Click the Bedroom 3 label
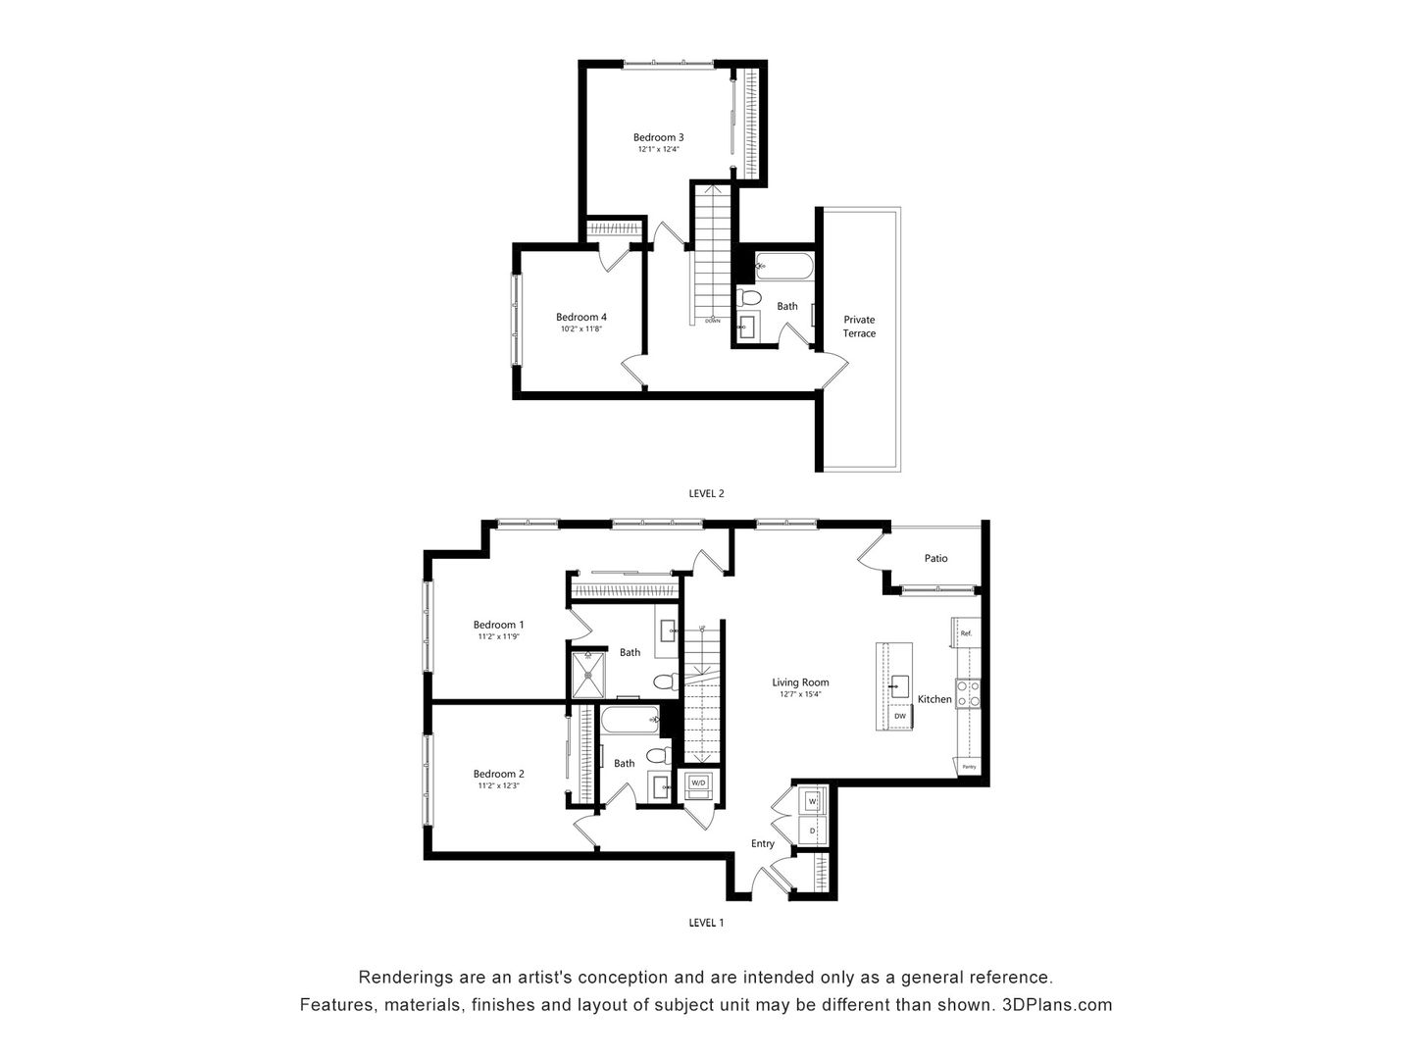[658, 137]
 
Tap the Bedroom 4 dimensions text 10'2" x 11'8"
[580, 329]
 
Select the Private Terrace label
[859, 327]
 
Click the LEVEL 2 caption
[706, 494]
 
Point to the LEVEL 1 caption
[706, 923]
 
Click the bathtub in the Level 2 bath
[783, 264]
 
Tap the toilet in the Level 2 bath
[750, 297]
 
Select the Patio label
[935, 559]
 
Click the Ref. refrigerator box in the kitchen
[965, 633]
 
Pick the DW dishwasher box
[900, 718]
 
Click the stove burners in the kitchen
[968, 694]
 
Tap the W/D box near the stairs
[698, 783]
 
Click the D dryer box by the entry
[812, 832]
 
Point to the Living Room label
[800, 682]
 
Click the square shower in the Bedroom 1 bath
[589, 676]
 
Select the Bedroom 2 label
[498, 774]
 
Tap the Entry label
[762, 844]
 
